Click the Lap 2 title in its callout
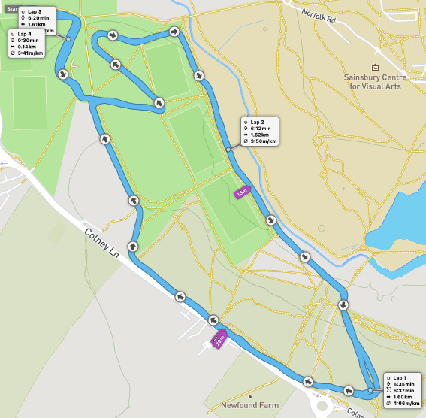(258, 122)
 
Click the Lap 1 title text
(400, 377)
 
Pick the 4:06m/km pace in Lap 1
(406, 404)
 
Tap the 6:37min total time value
(403, 391)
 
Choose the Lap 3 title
(35, 12)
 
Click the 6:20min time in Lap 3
(38, 18)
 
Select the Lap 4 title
(25, 34)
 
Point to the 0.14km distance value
(27, 47)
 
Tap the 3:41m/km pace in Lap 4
(31, 54)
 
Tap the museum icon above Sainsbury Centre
(376, 68)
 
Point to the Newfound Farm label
(249, 405)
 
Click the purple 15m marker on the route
(242, 193)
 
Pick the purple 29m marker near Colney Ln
(220, 340)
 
